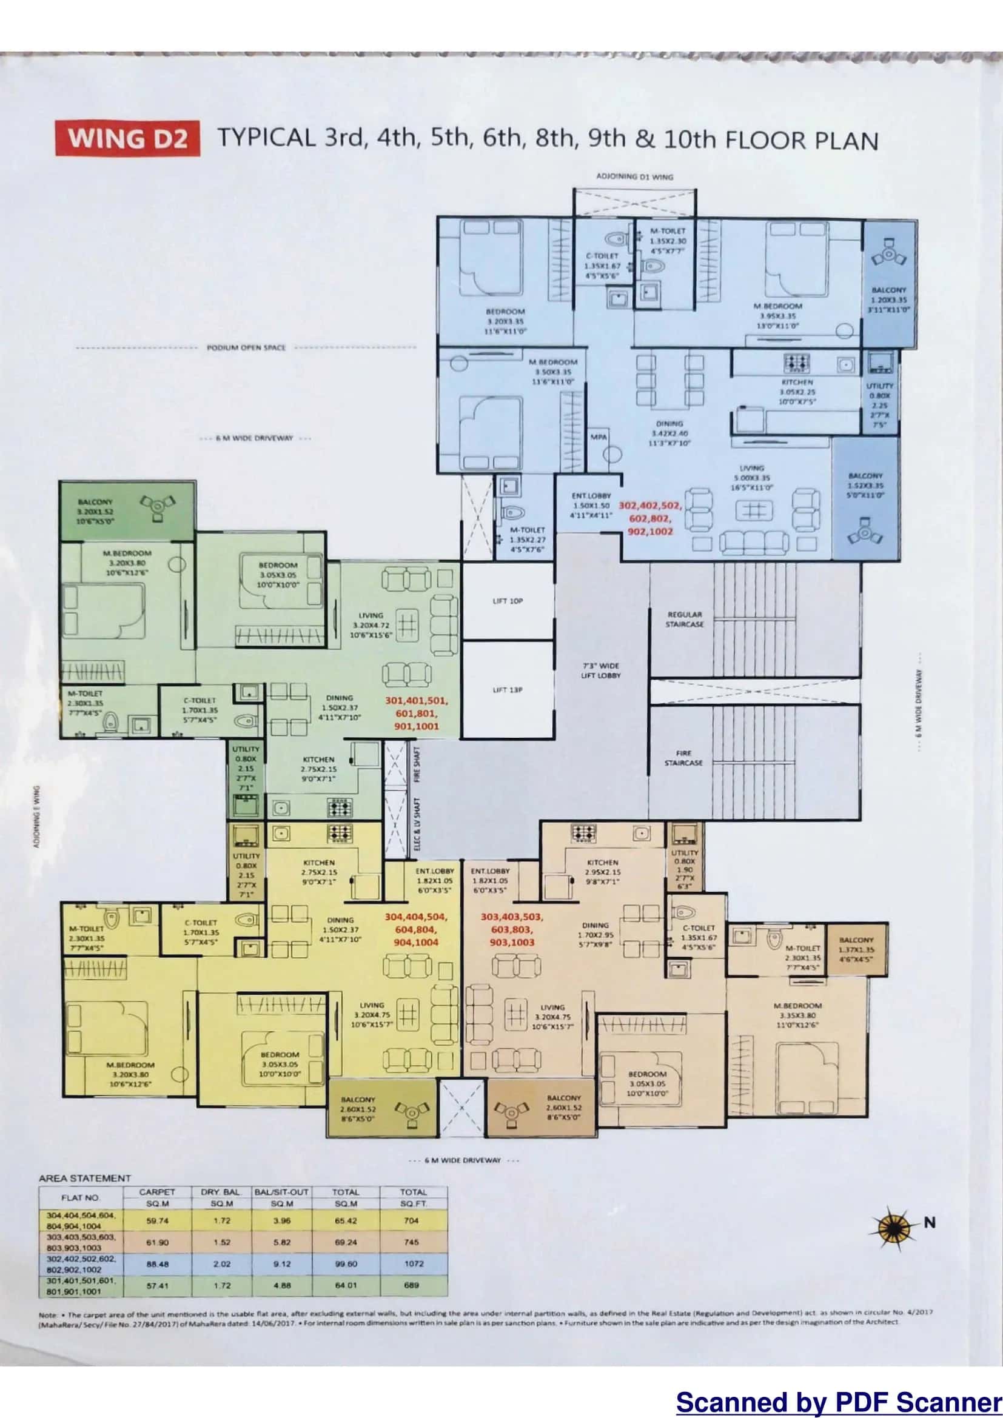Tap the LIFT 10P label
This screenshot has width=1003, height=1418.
pyautogui.click(x=508, y=601)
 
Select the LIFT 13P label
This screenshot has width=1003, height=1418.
pyautogui.click(x=508, y=690)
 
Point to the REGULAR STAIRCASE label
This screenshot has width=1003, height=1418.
pyautogui.click(x=685, y=620)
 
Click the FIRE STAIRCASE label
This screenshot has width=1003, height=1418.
pyautogui.click(x=683, y=758)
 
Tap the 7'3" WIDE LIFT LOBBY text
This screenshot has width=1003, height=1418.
pyautogui.click(x=600, y=670)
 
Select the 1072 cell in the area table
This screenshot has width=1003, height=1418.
pyautogui.click(x=413, y=1263)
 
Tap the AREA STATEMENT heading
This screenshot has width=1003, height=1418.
pyautogui.click(x=85, y=1178)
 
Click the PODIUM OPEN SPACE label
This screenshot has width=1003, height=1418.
pyautogui.click(x=246, y=348)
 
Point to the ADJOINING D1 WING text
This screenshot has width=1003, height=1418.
pyautogui.click(x=634, y=176)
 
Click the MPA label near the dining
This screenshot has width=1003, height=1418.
pyautogui.click(x=598, y=436)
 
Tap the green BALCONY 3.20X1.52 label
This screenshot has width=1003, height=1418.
pyautogui.click(x=95, y=512)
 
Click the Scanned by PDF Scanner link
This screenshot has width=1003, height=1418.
pyautogui.click(x=839, y=1400)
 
